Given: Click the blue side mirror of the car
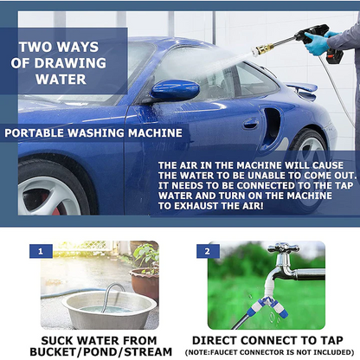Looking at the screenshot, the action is click(175, 90).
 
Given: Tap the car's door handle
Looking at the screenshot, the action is click(250, 124).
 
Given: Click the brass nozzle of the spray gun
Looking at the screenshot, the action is click(262, 49).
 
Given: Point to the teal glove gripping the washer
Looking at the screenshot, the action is click(317, 43).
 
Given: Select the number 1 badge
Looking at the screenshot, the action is click(41, 251).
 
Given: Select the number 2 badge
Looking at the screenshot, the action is click(208, 251).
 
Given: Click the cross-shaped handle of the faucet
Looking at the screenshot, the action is click(283, 247).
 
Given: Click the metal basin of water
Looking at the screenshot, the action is click(110, 310).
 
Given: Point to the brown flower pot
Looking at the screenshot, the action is click(145, 284).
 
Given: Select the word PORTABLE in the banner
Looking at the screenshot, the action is click(35, 133).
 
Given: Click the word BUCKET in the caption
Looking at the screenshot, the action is click(52, 352).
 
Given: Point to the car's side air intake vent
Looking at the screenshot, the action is click(271, 125).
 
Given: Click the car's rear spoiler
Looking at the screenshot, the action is click(301, 90).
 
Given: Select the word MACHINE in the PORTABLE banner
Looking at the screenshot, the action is click(155, 133).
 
